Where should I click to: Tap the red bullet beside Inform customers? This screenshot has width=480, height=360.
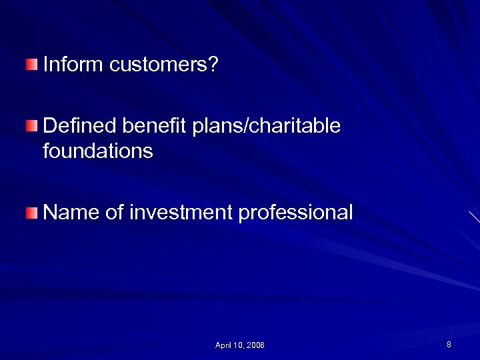pyautogui.click(x=32, y=65)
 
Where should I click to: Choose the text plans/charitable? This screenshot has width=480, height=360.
pyautogui.click(x=266, y=126)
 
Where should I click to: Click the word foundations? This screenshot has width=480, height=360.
pyautogui.click(x=97, y=151)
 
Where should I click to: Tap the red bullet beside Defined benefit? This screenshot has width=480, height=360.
pyautogui.click(x=32, y=126)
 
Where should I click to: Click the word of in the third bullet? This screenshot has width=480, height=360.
pyautogui.click(x=115, y=213)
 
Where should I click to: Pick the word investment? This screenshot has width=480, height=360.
pyautogui.click(x=181, y=213)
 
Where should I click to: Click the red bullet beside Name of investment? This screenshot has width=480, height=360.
pyautogui.click(x=32, y=213)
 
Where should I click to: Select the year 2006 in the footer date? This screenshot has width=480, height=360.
pyautogui.click(x=255, y=345)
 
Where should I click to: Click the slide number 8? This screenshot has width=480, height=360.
pyautogui.click(x=449, y=345)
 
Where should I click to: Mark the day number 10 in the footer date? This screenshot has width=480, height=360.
pyautogui.click(x=238, y=345)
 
